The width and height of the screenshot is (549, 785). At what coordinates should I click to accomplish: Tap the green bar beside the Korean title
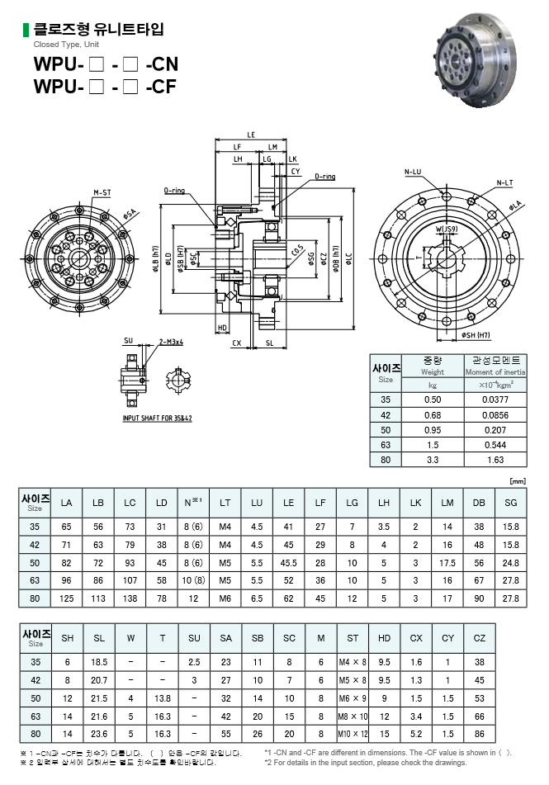26,31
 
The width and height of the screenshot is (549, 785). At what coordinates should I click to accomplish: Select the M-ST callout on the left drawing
102,192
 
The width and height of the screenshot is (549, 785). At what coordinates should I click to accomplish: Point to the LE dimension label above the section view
251,135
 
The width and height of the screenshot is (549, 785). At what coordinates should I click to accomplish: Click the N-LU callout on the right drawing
412,172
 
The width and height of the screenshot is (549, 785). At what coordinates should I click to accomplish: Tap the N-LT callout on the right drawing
504,182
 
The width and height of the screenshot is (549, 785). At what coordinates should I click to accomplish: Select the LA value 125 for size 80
66,598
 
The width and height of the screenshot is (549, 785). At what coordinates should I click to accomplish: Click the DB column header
479,503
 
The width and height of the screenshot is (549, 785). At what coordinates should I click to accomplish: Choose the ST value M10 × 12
353,733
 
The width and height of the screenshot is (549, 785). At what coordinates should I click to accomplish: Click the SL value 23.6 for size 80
99,733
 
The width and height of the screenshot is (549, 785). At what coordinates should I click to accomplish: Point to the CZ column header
480,638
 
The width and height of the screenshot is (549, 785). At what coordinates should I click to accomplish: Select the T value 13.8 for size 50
162,698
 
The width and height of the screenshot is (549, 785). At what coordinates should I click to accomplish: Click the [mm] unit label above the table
518,480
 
